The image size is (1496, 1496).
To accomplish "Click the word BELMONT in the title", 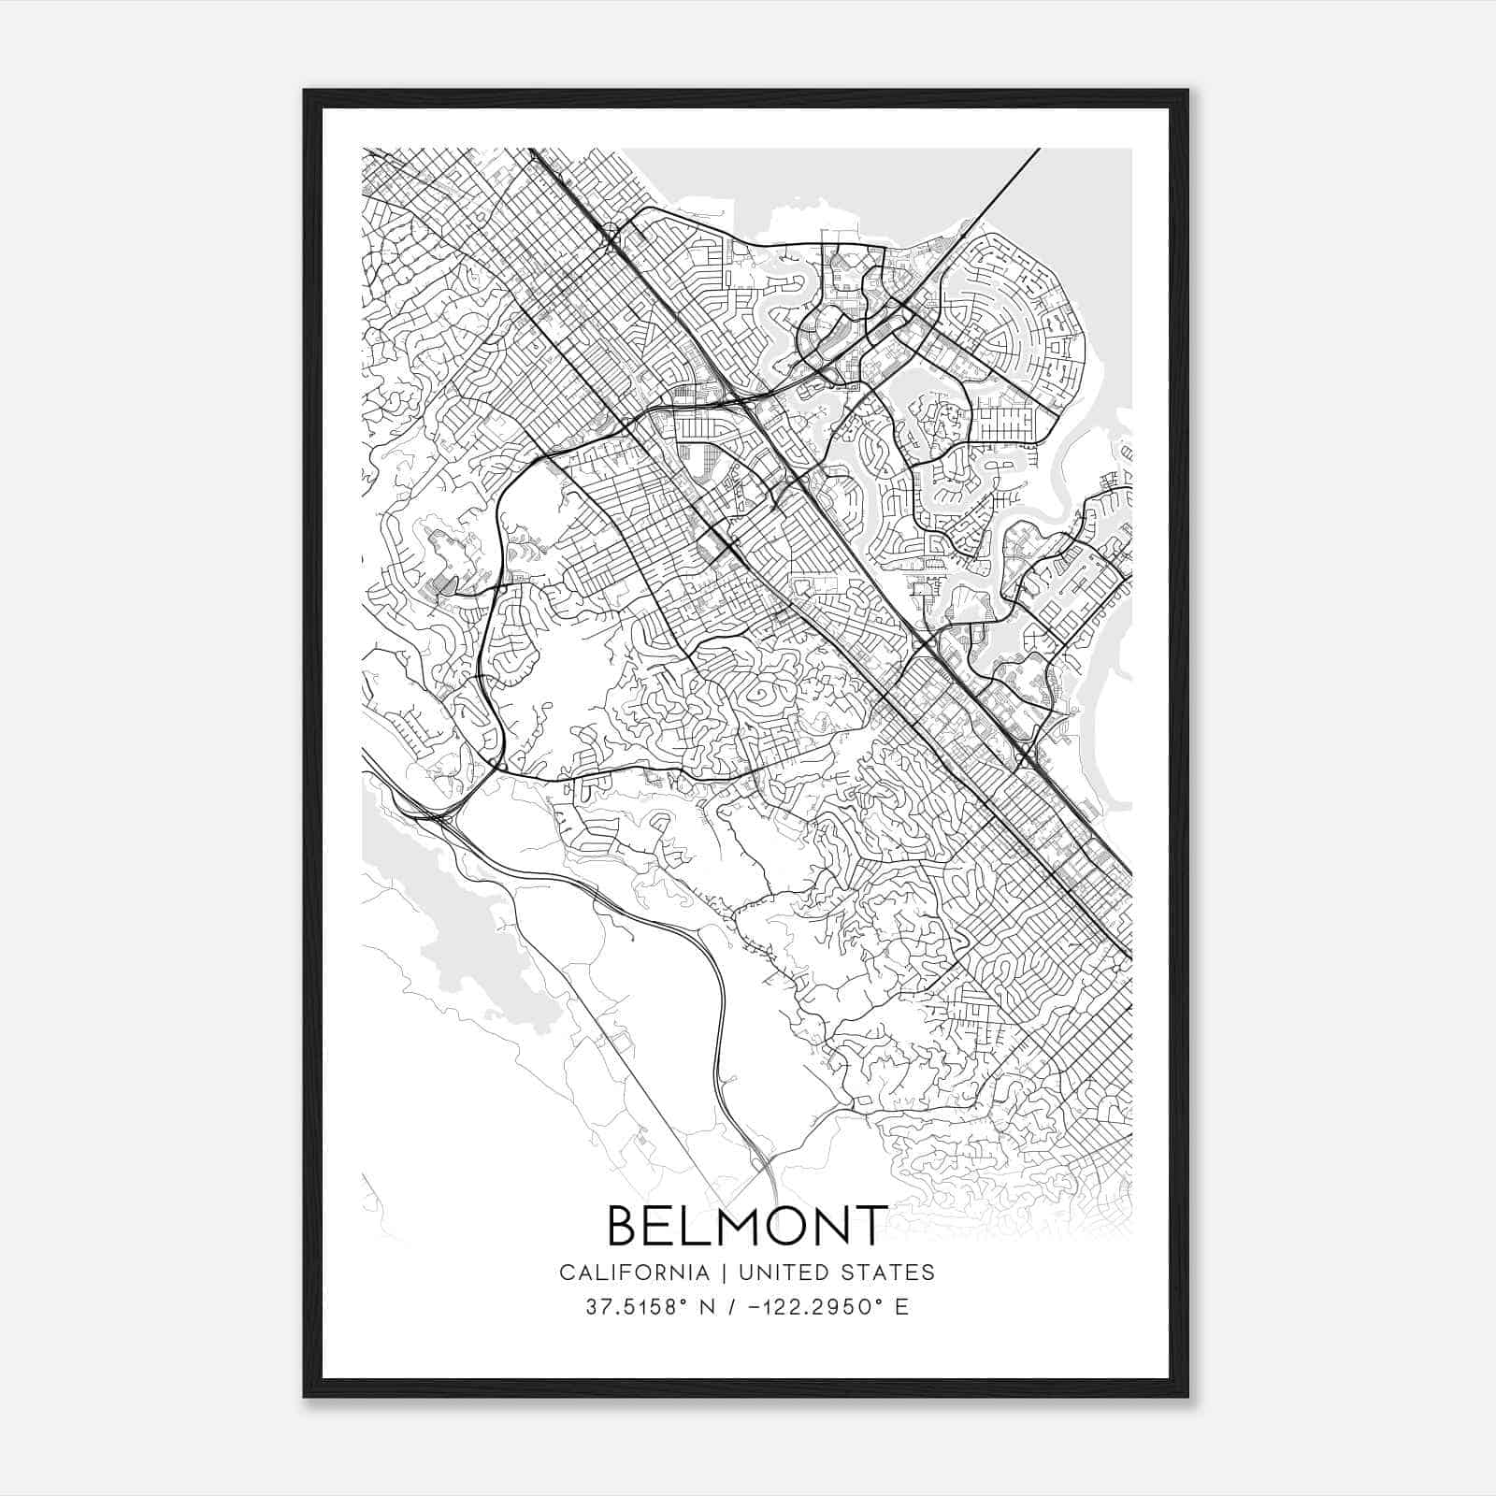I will tap(747, 1226).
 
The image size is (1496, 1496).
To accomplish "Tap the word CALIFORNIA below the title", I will tap(633, 1273).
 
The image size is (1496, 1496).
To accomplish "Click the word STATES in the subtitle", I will tap(891, 1273).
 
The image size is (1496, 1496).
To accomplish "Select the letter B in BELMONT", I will tap(625, 1226).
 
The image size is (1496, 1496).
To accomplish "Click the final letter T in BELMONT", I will tap(870, 1226).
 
